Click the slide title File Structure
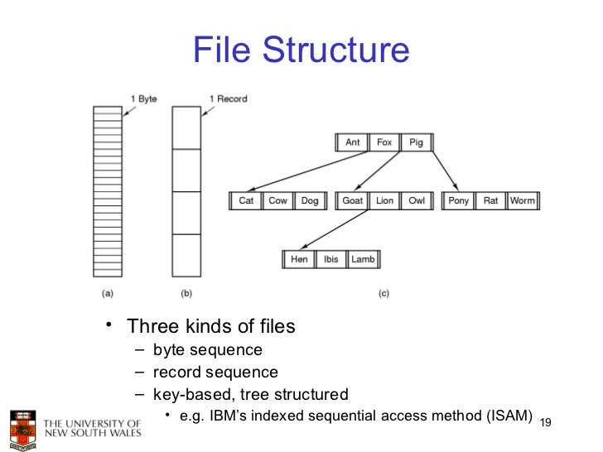click(301, 50)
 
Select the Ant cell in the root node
click(352, 142)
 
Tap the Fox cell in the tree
click(384, 142)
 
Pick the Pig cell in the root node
click(416, 142)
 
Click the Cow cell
click(277, 201)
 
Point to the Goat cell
click(353, 201)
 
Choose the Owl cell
click(416, 201)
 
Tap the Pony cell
click(458, 201)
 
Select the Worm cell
click(522, 201)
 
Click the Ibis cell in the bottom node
click(330, 259)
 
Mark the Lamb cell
click(363, 259)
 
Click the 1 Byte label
click(143, 99)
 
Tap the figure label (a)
click(108, 293)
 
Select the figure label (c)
click(384, 293)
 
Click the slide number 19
click(545, 423)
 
